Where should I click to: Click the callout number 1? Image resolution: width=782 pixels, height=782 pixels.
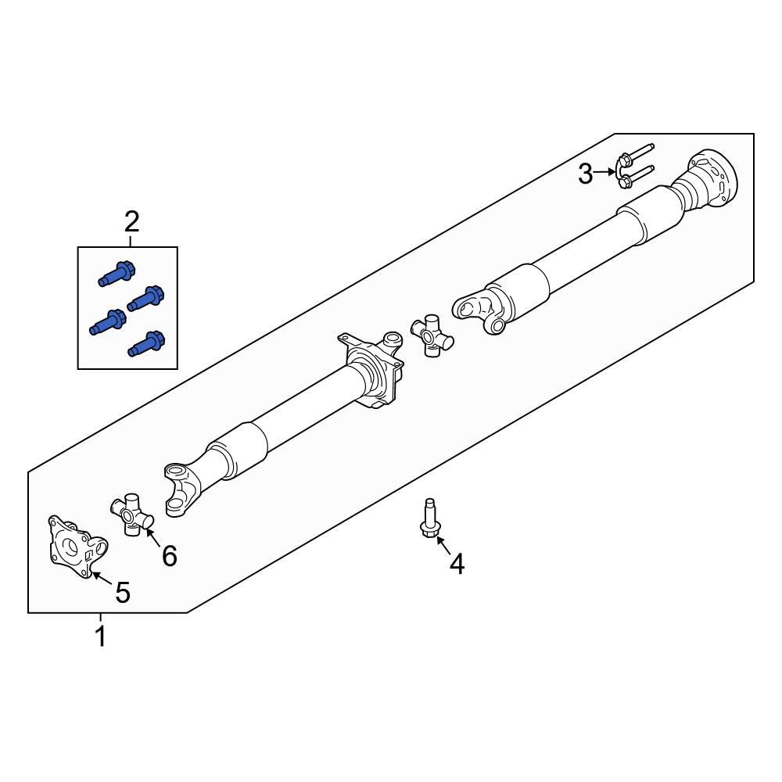pos(101,637)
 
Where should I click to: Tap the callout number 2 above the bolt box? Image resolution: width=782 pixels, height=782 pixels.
pos(131,222)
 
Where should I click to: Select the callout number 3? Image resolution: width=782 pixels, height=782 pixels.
pos(586,174)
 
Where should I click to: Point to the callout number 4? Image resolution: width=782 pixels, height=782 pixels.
pos(457,564)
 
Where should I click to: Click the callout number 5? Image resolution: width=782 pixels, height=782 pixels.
pos(123,593)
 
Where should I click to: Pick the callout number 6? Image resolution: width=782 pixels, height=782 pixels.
pos(170,555)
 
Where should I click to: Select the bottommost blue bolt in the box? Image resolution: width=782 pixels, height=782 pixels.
pos(146,344)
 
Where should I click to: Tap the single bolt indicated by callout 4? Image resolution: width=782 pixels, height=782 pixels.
pos(429,518)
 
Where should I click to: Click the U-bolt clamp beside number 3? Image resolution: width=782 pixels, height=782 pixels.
pos(633,167)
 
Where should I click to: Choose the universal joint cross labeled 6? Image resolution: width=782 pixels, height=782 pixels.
pos(131,515)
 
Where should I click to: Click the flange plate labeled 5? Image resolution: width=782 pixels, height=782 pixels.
pos(77,547)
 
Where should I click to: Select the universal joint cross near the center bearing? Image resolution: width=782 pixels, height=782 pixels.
pos(432,335)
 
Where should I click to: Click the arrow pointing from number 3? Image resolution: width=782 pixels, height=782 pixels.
pos(605,172)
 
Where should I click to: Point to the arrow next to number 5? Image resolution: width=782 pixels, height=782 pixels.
pos(102,578)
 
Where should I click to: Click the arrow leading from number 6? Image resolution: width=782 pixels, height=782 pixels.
pos(154,538)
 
